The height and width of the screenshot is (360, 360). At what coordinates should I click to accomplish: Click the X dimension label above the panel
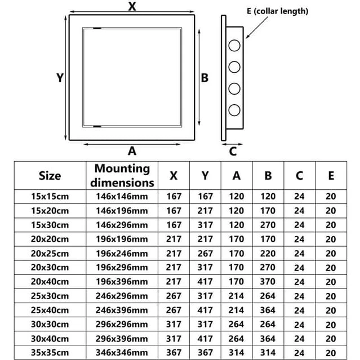coord(132,6)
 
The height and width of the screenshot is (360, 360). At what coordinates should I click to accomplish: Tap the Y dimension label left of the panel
coord(60,78)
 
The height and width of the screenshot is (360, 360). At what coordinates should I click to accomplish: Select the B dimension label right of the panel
coord(205,78)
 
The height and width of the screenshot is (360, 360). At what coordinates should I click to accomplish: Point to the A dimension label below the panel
coord(132,151)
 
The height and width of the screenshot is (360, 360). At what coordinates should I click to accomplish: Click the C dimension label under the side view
coord(233,152)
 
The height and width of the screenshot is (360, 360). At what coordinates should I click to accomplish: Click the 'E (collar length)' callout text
coord(277,11)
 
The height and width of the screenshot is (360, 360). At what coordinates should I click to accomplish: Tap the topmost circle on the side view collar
coord(234,45)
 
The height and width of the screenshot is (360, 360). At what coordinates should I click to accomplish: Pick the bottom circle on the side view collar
coord(234,110)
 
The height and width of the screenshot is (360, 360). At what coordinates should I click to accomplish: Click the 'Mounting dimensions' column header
coord(122,175)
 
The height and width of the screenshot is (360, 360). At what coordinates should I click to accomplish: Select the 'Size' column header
coord(50,176)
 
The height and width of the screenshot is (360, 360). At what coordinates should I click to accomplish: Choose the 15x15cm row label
coord(50,196)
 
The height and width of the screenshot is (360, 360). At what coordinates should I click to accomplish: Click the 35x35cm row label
coord(50,353)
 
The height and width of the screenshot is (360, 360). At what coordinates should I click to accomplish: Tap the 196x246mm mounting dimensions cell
coord(122,254)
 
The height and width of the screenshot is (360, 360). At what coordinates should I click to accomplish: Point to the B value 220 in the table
coord(268,254)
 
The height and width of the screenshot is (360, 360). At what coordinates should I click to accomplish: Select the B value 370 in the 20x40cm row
coord(268,282)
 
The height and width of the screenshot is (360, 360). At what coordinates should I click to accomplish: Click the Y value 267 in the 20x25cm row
coord(205,254)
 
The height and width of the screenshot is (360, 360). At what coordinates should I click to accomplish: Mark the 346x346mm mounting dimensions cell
coord(122,353)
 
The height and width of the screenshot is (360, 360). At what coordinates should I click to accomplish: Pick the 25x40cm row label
coord(50,310)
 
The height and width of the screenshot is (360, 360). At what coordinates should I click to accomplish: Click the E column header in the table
coord(331,176)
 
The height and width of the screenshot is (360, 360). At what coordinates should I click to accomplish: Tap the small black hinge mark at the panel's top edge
coord(97,28)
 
